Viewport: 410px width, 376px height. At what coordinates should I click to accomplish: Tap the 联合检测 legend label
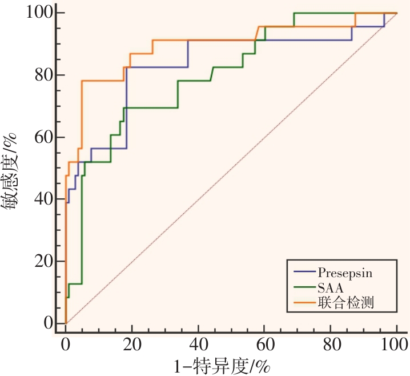(x=342, y=303)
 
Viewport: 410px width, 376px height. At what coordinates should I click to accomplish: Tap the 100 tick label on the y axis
(x=39, y=13)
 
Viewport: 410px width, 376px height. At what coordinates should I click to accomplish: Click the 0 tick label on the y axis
(x=48, y=323)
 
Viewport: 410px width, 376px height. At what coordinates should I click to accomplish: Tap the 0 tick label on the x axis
(x=66, y=345)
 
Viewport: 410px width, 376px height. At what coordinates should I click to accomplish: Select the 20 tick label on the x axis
(x=132, y=345)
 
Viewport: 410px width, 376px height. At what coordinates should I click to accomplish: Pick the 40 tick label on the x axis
(x=198, y=345)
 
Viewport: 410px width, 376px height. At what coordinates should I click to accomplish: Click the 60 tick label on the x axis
(x=264, y=345)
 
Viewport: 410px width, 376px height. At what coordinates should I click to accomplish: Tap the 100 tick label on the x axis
(x=395, y=345)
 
